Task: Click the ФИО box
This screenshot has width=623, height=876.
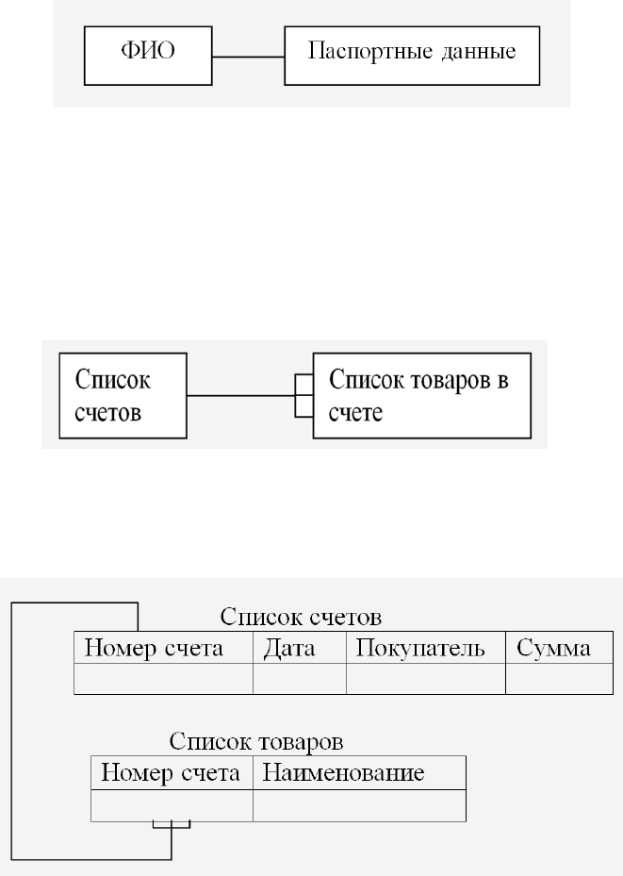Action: [x=148, y=56]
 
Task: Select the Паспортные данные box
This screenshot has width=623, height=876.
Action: [x=412, y=56]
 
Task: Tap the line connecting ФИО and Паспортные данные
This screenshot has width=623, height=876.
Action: [x=249, y=57]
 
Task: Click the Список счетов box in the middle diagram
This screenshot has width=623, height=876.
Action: [x=123, y=395]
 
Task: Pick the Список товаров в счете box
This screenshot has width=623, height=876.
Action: [x=422, y=395]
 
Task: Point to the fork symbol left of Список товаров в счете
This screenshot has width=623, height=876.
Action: [x=304, y=395]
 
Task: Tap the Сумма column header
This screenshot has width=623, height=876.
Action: [x=559, y=648]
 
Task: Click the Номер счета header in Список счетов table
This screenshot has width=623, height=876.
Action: [x=164, y=648]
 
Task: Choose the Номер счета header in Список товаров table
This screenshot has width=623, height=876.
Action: [x=172, y=772]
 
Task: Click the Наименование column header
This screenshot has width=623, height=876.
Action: [x=359, y=772]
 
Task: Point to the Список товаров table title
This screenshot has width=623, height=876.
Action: [x=256, y=742]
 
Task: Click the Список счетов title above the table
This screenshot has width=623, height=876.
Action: [x=301, y=618]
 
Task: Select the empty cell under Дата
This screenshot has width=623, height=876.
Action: [x=299, y=679]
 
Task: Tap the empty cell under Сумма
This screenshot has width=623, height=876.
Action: [x=559, y=679]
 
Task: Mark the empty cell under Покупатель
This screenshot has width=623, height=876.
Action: [x=426, y=679]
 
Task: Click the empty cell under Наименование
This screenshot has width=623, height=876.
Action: [x=359, y=805]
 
